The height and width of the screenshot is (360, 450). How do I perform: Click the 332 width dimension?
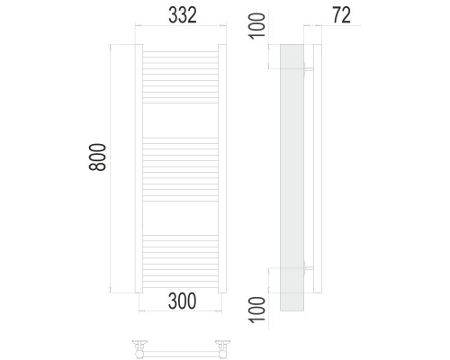coord(183,15)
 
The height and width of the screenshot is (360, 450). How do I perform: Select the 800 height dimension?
coord(97,157)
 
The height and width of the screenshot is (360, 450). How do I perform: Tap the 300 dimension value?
coord(183,301)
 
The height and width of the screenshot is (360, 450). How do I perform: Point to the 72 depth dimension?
coord(341,15)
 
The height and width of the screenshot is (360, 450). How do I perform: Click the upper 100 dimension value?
coord(257,26)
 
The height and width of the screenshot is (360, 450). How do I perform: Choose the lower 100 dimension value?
coord(257,310)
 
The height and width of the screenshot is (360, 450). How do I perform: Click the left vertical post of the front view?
coord(139,168)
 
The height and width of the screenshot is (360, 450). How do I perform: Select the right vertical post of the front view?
coord(222,168)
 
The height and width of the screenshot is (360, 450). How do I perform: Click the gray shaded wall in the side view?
coord(292,177)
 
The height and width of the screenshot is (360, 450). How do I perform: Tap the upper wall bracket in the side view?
coord(309,69)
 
